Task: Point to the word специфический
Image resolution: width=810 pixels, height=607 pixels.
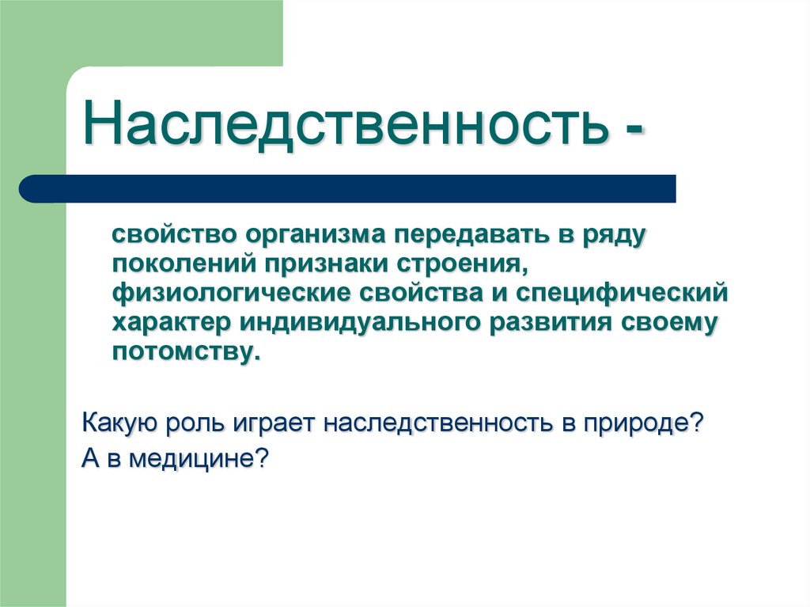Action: (621, 294)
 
